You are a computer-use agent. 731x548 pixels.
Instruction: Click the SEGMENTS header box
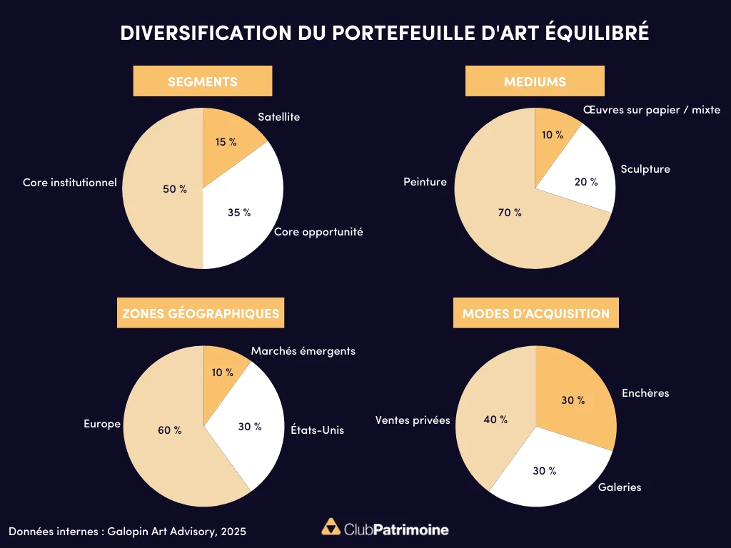pyautogui.click(x=202, y=81)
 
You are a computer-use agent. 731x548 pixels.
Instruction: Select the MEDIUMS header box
pyautogui.click(x=535, y=81)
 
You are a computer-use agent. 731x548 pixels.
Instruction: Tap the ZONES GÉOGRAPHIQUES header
pyautogui.click(x=201, y=313)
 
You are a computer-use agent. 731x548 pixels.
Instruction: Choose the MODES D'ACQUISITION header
pyautogui.click(x=535, y=313)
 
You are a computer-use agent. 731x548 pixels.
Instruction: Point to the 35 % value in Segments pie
pyautogui.click(x=239, y=212)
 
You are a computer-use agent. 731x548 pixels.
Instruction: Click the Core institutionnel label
pyautogui.click(x=69, y=183)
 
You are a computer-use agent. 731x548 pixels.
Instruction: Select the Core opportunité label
pyautogui.click(x=318, y=232)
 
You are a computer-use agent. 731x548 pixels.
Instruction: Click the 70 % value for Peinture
pyautogui.click(x=510, y=212)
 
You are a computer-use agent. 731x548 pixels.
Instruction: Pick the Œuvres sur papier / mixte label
pyautogui.click(x=651, y=110)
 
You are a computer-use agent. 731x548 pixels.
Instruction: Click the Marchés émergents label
pyautogui.click(x=303, y=351)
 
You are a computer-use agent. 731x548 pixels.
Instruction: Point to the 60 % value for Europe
pyautogui.click(x=169, y=430)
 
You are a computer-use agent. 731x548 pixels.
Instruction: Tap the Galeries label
pyautogui.click(x=620, y=487)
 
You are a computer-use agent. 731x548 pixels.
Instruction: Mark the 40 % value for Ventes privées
pyautogui.click(x=495, y=420)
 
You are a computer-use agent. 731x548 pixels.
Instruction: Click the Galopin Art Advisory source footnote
pyautogui.click(x=128, y=532)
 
